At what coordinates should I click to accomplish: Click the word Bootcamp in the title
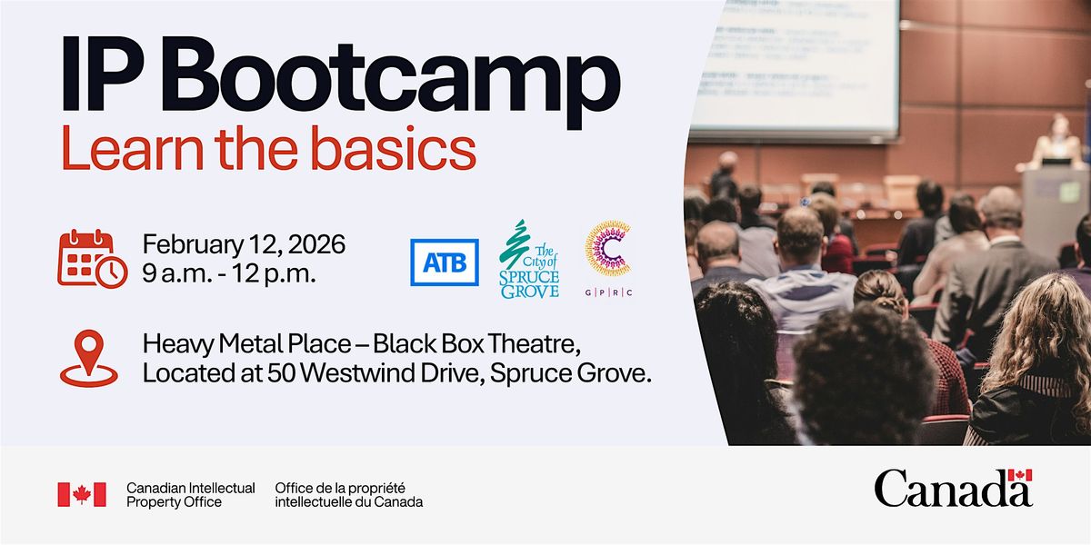click(395, 79)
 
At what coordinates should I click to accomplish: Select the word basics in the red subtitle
click(393, 147)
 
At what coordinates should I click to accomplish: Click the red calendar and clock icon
click(93, 258)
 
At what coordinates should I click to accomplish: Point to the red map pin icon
click(89, 359)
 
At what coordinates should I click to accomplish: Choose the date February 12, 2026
click(244, 244)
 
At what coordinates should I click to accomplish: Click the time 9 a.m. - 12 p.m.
click(229, 273)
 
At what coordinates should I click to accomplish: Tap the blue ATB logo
click(445, 263)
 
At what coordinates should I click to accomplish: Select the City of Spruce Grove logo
click(529, 259)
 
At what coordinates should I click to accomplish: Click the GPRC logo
click(608, 258)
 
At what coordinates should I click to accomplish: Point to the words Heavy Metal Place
click(246, 344)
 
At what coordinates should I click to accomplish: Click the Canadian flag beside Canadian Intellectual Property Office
click(82, 494)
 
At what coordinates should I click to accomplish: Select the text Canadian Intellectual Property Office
click(190, 495)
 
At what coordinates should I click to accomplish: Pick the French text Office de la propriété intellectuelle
click(349, 495)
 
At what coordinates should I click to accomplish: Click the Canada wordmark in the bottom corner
click(953, 489)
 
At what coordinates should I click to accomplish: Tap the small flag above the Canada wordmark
click(1020, 475)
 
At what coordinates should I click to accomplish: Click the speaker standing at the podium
click(1056, 141)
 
